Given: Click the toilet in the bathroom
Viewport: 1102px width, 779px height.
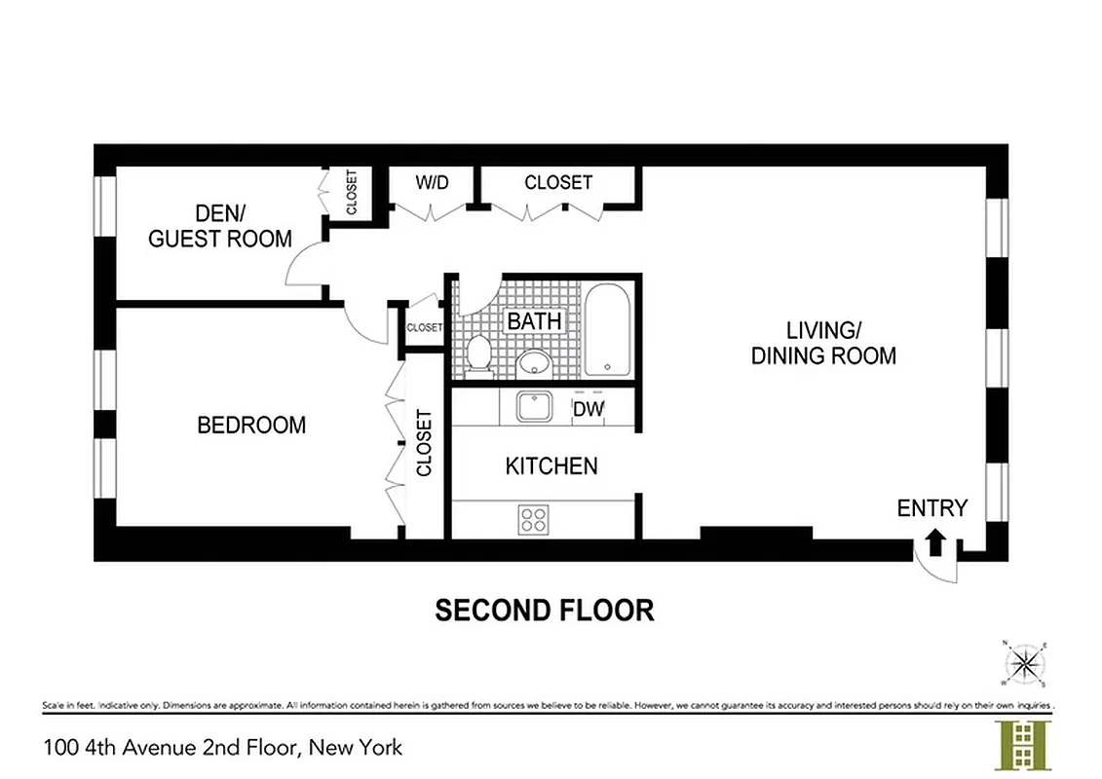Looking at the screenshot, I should click(478, 354).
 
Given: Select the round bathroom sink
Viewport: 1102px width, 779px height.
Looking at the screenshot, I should click(534, 363).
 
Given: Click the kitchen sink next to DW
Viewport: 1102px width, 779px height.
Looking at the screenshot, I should click(534, 406).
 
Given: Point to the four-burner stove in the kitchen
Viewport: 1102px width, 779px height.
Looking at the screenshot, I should click(533, 518).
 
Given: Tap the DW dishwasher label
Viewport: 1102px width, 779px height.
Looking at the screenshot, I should click(588, 410).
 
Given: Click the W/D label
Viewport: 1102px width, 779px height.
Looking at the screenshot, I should click(432, 183).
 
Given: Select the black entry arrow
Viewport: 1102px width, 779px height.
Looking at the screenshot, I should click(935, 541).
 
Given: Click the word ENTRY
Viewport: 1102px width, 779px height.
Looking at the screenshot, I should click(932, 507).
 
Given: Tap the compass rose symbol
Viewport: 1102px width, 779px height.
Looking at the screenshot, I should click(1023, 663).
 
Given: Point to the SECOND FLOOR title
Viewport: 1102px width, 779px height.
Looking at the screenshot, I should click(544, 611).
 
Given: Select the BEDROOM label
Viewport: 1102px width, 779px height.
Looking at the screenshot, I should click(251, 426).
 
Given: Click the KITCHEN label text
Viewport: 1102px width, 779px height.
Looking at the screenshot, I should click(551, 466).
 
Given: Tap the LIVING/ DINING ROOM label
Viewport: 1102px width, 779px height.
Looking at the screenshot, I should click(823, 343).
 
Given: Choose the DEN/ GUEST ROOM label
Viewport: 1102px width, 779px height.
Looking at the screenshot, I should click(220, 226).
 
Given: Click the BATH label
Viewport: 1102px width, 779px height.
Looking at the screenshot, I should click(534, 320).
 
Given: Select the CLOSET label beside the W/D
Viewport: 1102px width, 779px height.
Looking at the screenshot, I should click(558, 182).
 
